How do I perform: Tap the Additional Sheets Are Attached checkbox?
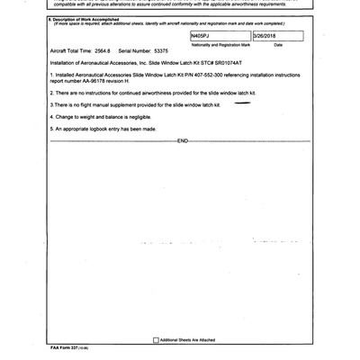(x=155, y=339)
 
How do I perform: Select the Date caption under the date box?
(x=277, y=43)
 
